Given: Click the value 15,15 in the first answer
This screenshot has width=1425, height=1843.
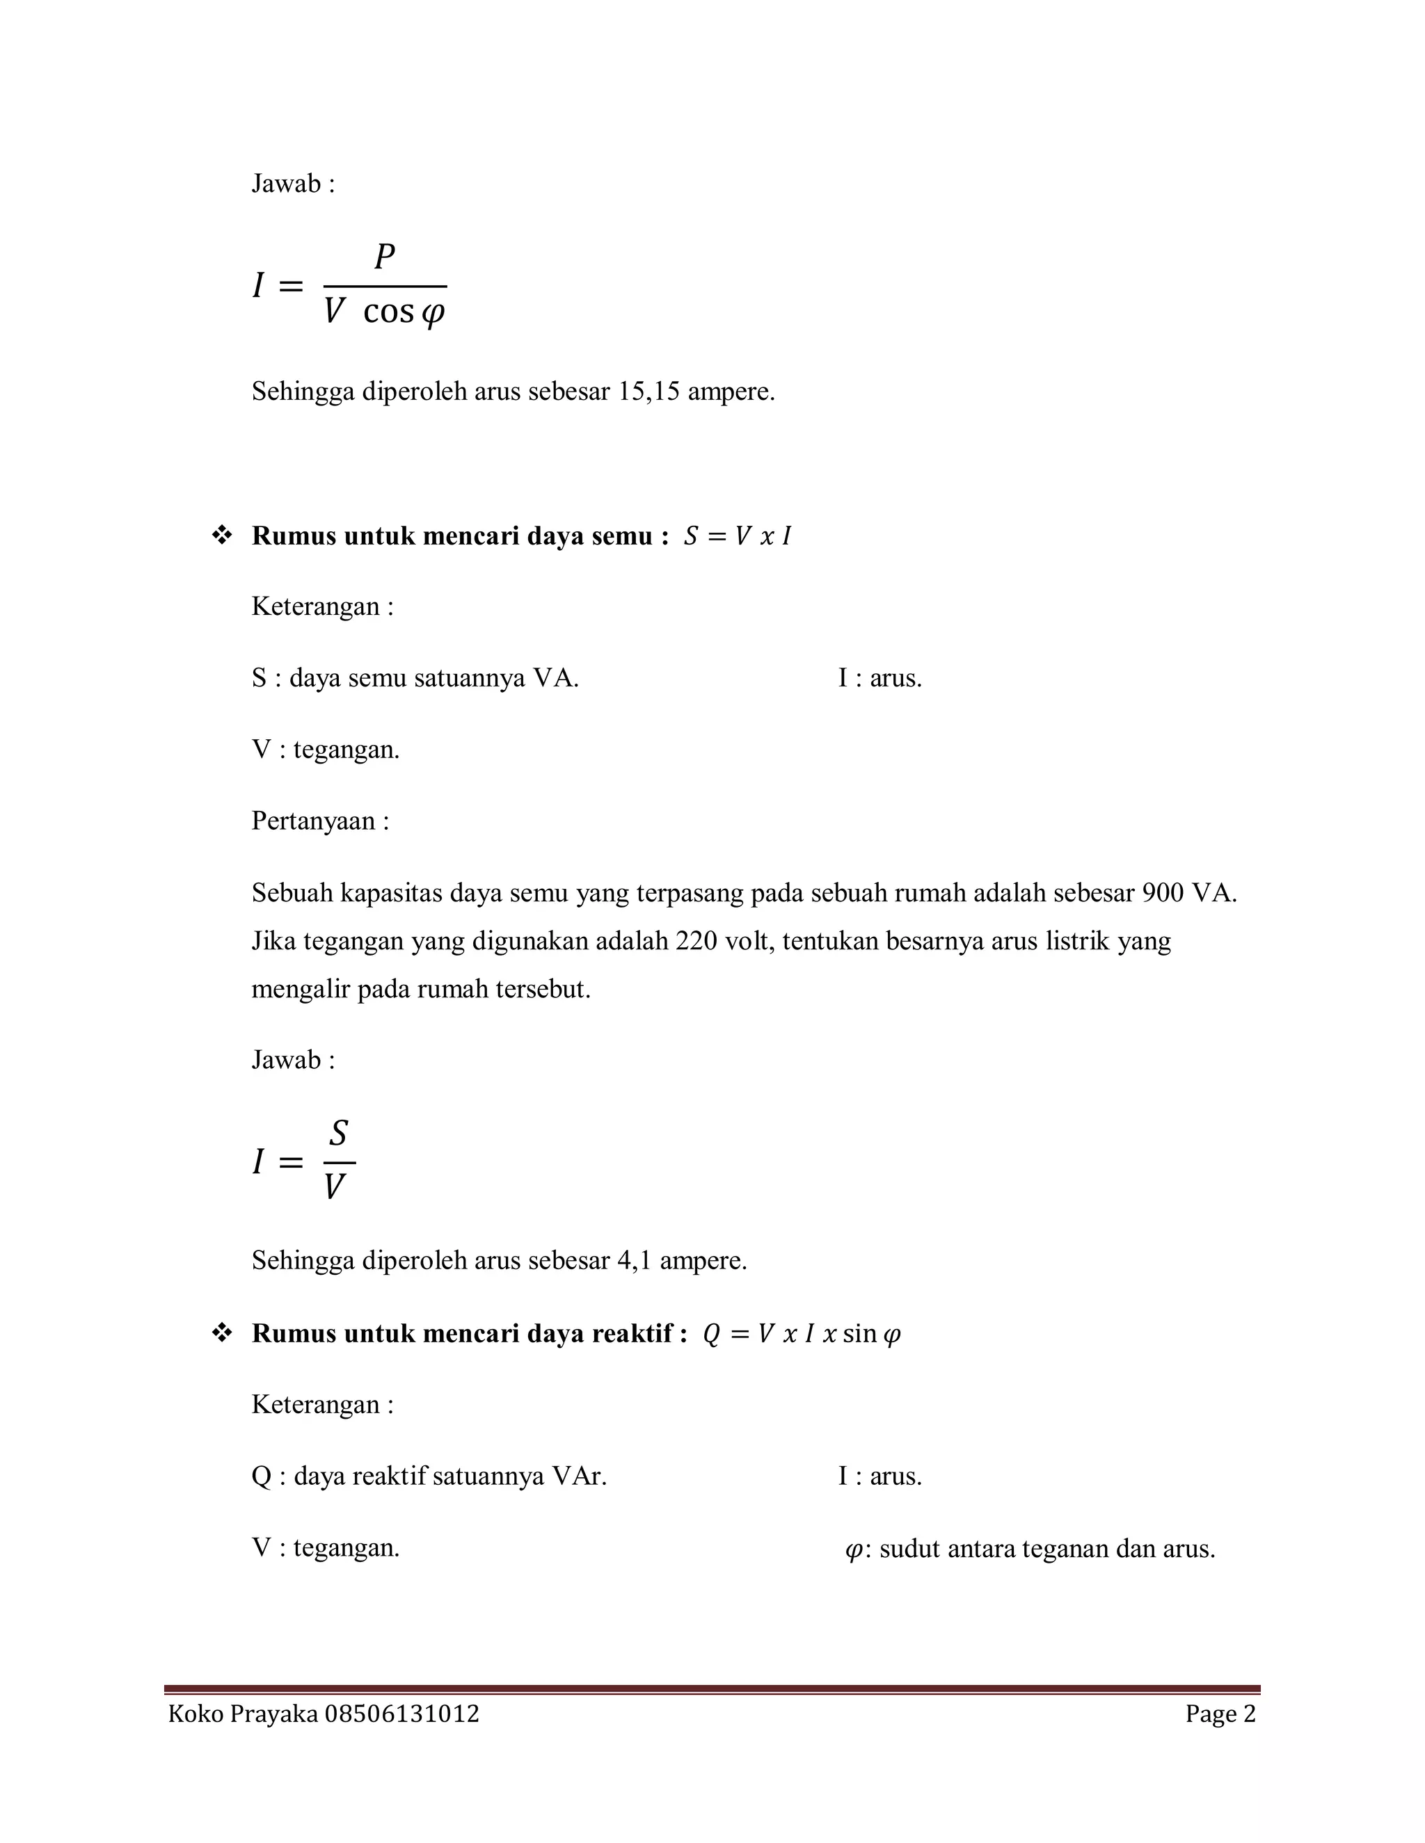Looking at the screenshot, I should click(x=649, y=392).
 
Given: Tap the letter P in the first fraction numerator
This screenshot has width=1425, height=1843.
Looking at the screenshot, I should click(x=385, y=257).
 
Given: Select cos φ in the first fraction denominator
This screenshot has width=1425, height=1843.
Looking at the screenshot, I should click(x=404, y=313).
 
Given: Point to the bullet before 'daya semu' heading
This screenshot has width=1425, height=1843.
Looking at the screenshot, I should click(x=222, y=536).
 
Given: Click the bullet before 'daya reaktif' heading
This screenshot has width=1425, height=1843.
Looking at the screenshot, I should click(x=222, y=1333).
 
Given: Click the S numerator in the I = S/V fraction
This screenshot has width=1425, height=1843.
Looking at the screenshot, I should click(x=339, y=1134).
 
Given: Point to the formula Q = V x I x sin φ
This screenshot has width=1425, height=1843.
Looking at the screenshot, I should click(x=802, y=1334).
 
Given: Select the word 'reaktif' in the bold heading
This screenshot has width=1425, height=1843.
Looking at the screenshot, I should click(x=630, y=1333).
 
